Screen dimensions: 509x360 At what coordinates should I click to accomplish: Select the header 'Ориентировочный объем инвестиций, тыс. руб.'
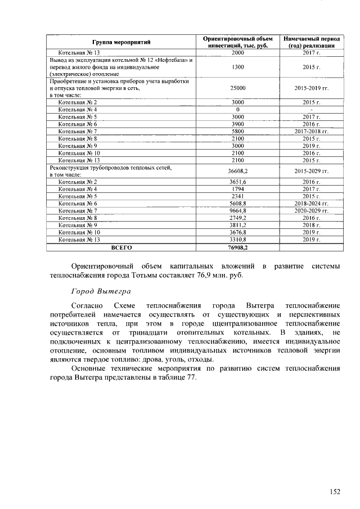238,42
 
